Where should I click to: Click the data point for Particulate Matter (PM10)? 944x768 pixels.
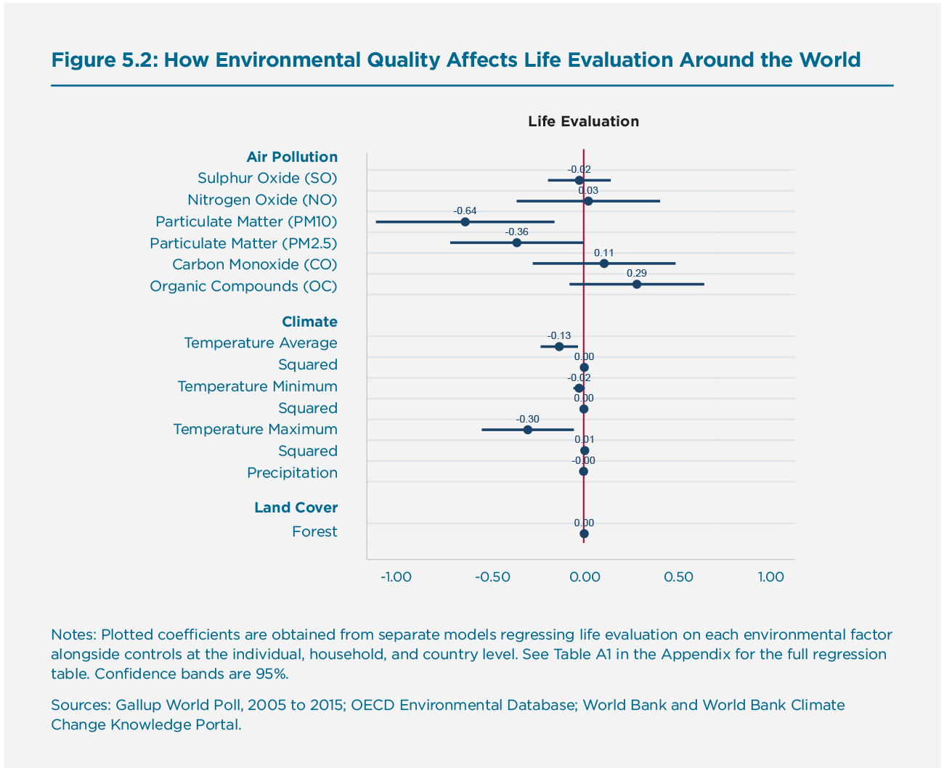tap(465, 221)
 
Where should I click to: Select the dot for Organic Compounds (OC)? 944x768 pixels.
tap(637, 284)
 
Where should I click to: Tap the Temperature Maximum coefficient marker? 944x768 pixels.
tap(528, 430)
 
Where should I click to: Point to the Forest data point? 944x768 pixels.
tap(584, 534)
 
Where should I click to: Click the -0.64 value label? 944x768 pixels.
tap(465, 211)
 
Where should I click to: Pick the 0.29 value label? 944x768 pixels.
tap(636, 273)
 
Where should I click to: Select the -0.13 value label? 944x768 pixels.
tap(559, 335)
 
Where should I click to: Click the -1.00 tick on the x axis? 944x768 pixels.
tap(396, 577)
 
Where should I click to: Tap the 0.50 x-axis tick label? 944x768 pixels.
tap(678, 577)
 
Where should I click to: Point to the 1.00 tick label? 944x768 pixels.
tap(770, 577)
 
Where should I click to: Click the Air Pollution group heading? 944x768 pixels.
tap(292, 157)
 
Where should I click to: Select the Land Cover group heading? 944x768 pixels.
tap(296, 507)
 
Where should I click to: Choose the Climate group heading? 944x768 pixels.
tap(309, 322)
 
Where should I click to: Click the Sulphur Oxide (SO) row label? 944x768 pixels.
tap(267, 179)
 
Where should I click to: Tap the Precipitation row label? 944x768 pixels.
tap(292, 473)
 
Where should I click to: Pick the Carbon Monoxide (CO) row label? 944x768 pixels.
tap(255, 264)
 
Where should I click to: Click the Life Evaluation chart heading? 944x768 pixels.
tap(583, 121)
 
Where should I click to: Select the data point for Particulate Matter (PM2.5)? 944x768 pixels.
tap(516, 242)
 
